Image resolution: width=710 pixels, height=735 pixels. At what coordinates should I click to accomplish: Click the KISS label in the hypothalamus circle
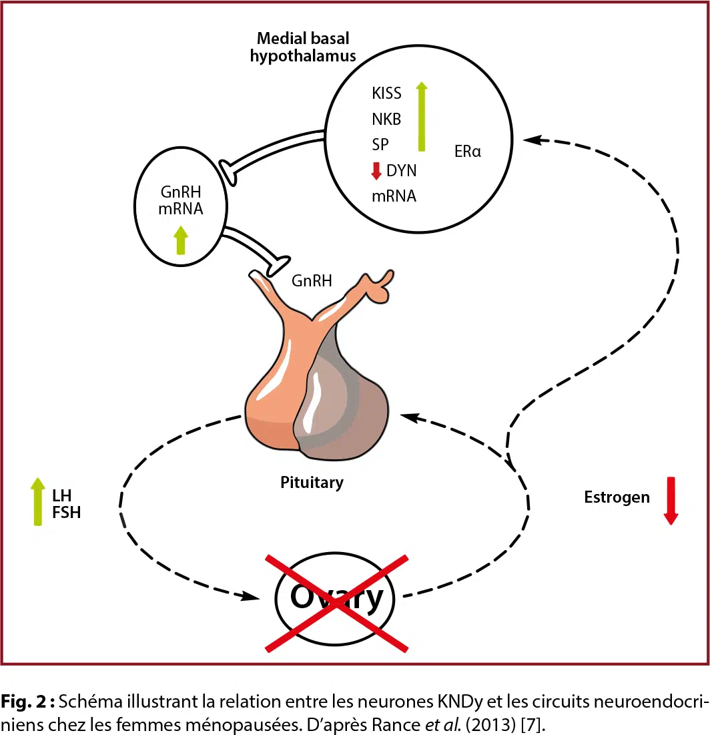click(387, 93)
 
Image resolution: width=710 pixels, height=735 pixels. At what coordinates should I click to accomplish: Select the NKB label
click(386, 119)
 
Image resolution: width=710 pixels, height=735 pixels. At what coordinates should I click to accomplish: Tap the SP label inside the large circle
click(380, 144)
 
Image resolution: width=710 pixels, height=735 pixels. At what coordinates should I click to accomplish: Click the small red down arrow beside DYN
click(376, 171)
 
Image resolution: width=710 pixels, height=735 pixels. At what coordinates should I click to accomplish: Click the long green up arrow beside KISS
click(421, 116)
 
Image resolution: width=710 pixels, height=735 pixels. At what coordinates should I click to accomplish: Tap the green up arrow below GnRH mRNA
click(180, 240)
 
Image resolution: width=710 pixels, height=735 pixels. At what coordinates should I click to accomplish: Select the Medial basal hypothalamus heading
click(303, 48)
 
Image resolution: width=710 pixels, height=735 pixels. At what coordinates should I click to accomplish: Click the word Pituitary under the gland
click(312, 482)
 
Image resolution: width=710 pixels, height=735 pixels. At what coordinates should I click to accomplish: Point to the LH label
click(61, 495)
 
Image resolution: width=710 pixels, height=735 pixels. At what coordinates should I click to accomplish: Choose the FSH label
click(66, 513)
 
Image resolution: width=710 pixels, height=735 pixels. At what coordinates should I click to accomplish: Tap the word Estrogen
click(617, 497)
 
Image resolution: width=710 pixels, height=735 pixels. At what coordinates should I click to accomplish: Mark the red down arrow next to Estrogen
click(671, 501)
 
